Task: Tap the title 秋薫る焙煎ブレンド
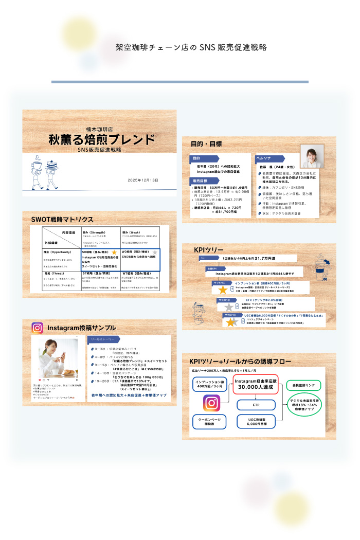coord(101,139)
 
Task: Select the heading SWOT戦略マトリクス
coord(62,219)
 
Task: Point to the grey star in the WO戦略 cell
coord(155,253)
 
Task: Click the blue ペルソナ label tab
coord(266,158)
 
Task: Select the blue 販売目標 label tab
coord(200,181)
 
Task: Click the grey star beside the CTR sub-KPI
coord(229,307)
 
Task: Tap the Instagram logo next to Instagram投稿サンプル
coord(37,328)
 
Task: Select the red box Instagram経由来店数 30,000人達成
coord(256,383)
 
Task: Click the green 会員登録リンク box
coord(303,385)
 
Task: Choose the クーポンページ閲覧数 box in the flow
coord(209,421)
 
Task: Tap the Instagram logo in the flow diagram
coord(211,403)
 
